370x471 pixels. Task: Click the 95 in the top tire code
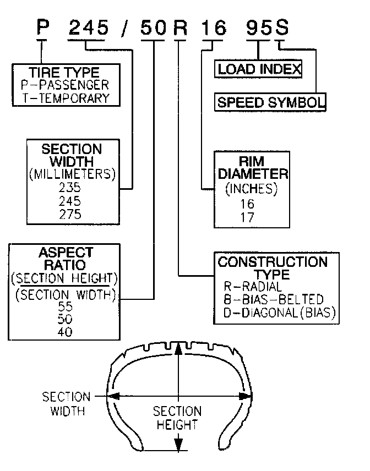(x=257, y=27)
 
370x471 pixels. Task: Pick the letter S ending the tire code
(x=280, y=27)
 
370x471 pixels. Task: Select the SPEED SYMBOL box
(x=270, y=102)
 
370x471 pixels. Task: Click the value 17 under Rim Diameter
(x=248, y=217)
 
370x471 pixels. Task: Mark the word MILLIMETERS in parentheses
(x=72, y=174)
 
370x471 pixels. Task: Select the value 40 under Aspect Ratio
(x=65, y=332)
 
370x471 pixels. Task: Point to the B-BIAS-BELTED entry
(x=273, y=300)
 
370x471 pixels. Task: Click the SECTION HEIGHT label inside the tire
(x=177, y=418)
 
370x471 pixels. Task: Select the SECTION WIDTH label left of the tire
(x=66, y=403)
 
